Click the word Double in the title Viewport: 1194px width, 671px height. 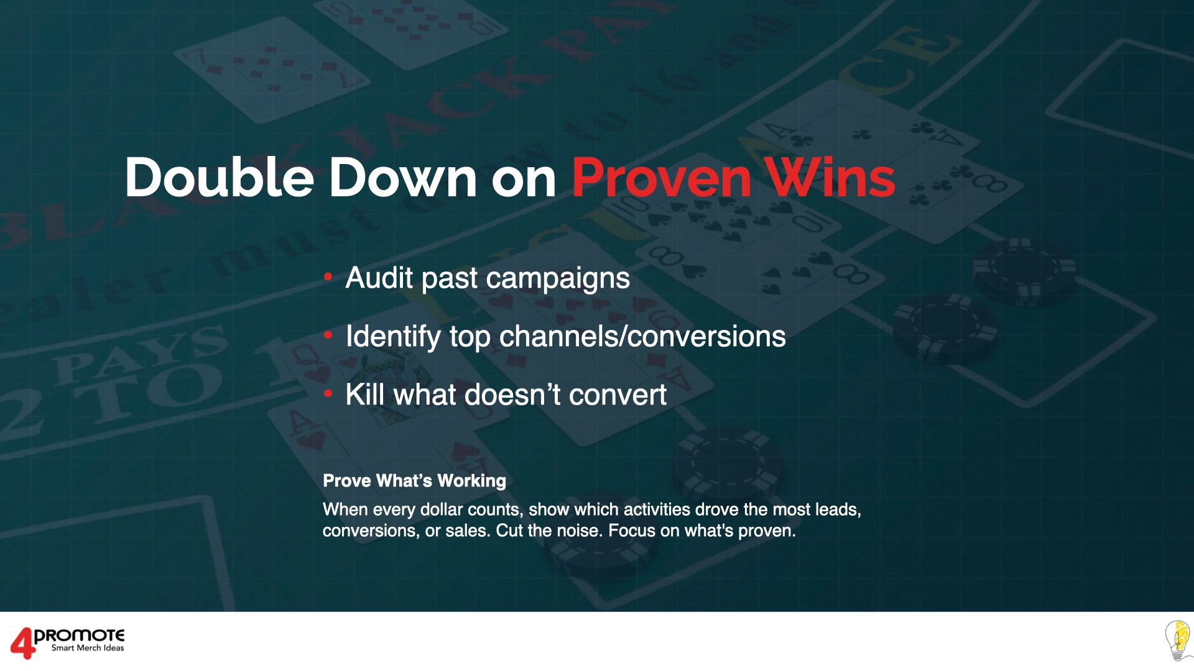[219, 178]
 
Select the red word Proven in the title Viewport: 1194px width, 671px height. [661, 178]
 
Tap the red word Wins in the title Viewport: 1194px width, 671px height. [830, 178]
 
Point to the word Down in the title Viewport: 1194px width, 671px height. [402, 178]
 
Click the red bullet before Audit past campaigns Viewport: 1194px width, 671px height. [328, 277]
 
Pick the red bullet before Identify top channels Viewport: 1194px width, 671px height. [328, 335]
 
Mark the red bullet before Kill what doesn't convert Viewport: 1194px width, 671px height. [328, 394]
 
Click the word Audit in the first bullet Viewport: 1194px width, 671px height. [379, 278]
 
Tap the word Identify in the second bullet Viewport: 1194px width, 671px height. [393, 337]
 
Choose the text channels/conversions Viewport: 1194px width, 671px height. [642, 337]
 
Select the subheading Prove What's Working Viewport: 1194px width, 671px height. [414, 481]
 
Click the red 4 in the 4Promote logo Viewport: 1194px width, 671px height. [22, 642]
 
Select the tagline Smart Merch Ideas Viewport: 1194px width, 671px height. [88, 648]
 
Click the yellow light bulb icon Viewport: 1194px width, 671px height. [1178, 640]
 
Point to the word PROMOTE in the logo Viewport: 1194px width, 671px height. [80, 636]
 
